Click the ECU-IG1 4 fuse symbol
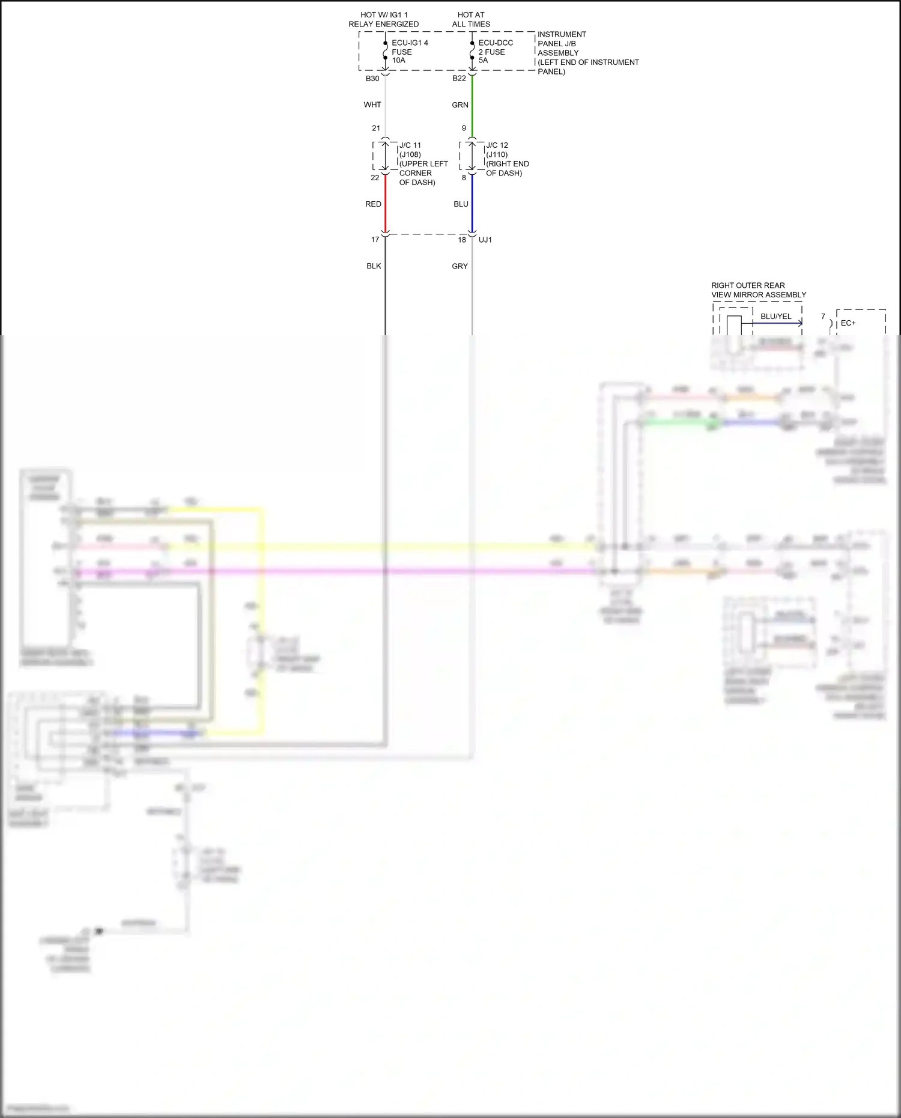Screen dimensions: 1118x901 tap(385, 51)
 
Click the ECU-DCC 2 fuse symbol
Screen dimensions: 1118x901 tap(472, 51)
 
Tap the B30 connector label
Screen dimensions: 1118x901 tap(372, 79)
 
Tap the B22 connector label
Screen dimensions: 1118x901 tap(459, 79)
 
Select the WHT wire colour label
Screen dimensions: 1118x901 tap(372, 105)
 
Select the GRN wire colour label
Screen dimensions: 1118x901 tap(460, 105)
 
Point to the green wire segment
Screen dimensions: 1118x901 tap(472, 105)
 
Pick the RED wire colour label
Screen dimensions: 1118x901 tap(373, 204)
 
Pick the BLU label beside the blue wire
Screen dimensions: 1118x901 tap(461, 204)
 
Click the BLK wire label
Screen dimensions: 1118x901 tap(374, 266)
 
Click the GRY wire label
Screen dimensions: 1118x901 tap(460, 266)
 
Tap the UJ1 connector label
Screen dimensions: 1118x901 tap(485, 240)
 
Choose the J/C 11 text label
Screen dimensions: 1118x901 tap(410, 145)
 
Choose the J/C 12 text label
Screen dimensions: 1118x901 tap(497, 145)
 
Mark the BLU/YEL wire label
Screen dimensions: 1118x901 tap(776, 317)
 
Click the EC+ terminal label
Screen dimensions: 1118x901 tap(848, 323)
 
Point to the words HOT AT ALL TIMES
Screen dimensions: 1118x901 tap(471, 19)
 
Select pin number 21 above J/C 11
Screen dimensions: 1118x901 tap(376, 128)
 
